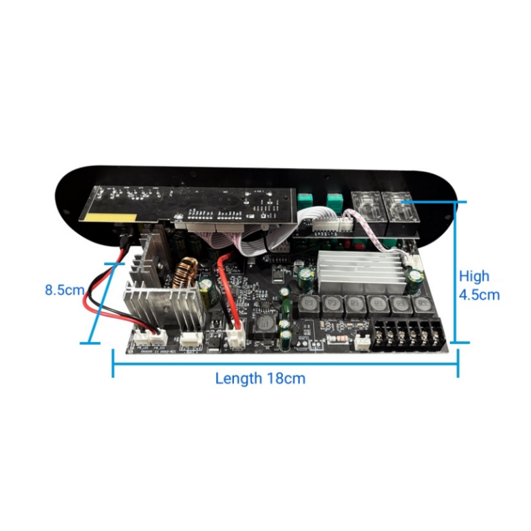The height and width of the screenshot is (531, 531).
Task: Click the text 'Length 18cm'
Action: (260, 379)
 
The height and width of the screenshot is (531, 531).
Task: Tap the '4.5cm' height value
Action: (479, 294)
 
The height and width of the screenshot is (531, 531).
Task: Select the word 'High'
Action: (474, 276)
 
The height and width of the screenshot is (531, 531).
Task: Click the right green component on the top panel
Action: (333, 200)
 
